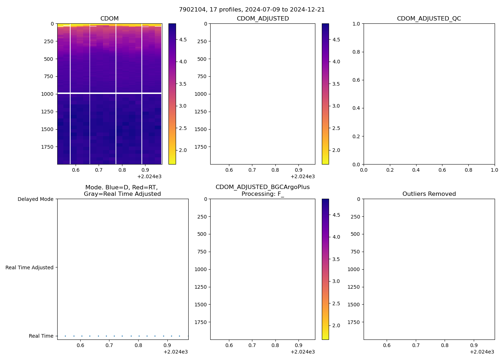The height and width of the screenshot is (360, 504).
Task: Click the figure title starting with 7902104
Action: point(252,9)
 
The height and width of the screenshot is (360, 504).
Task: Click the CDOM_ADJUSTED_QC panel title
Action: point(429,18)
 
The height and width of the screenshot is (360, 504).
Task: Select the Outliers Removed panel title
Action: point(429,194)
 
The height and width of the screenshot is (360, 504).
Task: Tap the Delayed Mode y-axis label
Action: point(35,199)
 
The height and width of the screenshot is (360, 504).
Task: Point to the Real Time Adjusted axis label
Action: point(29,267)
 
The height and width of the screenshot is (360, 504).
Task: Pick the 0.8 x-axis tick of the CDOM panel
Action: point(122,170)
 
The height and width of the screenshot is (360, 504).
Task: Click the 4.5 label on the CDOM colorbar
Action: point(183,40)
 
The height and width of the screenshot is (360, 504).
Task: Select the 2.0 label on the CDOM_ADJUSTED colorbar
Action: point(336,150)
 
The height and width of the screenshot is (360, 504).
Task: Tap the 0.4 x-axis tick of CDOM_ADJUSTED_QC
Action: point(416,170)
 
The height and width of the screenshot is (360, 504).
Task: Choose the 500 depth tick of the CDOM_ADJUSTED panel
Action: point(202,59)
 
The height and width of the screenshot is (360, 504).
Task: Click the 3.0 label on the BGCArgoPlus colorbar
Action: point(336,281)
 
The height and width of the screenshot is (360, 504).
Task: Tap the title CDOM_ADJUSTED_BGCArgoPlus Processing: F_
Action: point(262,190)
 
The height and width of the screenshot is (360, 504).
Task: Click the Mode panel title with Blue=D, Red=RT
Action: point(122,190)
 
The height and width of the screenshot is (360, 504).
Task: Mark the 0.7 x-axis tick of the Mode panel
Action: point(109,345)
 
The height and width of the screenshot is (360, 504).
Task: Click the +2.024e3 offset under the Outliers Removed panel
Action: point(482,352)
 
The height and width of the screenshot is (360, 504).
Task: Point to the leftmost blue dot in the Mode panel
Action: point(65,336)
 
